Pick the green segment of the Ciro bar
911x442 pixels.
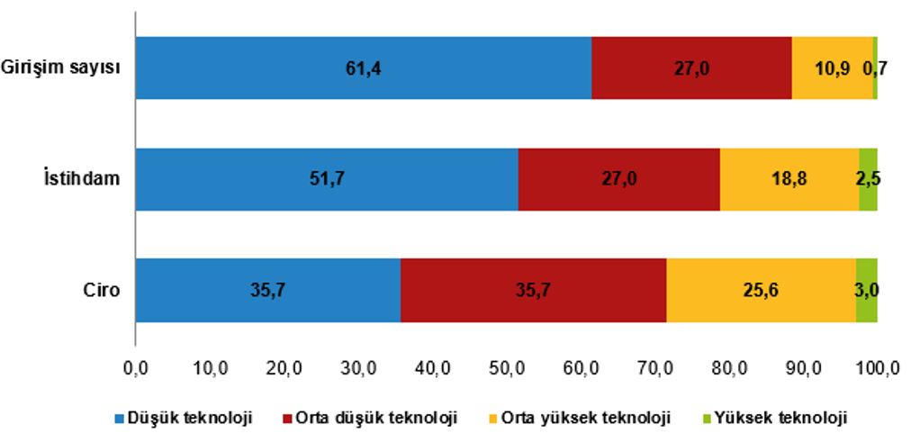tap(866, 290)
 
